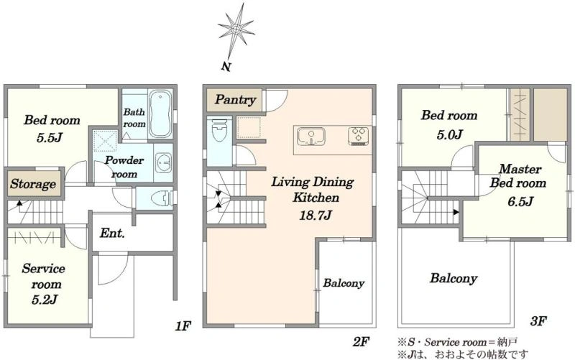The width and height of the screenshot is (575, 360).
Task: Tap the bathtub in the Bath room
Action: click(160, 114)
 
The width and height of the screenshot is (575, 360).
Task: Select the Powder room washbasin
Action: click(163, 162)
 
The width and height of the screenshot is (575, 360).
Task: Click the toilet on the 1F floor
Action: click(162, 198)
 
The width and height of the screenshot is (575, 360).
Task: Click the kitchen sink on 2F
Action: click(311, 137)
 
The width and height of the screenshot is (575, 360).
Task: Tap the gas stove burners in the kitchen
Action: click(358, 136)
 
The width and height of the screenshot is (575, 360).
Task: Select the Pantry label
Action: click(235, 100)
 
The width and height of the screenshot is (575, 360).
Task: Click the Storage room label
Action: click(33, 184)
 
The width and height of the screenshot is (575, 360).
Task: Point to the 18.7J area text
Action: click(316, 214)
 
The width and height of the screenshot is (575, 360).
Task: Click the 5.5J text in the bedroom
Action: click(50, 138)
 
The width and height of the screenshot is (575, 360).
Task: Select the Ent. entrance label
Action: click(112, 234)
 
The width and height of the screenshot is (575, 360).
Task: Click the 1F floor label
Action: click(183, 326)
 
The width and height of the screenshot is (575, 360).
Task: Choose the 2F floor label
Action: click(360, 342)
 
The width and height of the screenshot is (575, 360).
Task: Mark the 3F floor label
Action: click(538, 321)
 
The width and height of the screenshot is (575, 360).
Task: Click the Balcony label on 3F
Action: click(454, 278)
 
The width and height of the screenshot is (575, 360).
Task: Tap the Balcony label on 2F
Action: click(344, 283)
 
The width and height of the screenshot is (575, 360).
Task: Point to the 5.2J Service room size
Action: click(45, 300)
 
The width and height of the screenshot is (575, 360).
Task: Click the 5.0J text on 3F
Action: click(450, 134)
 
